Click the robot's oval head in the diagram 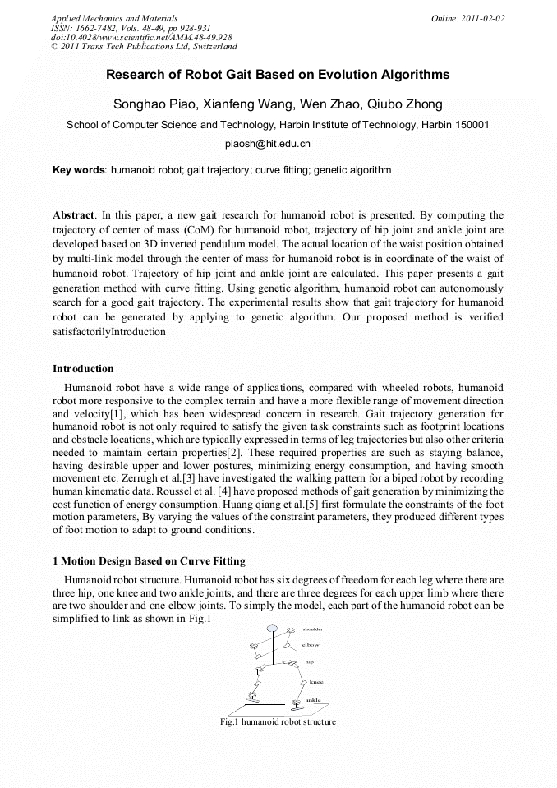pos(271,629)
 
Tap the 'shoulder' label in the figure pos(314,629)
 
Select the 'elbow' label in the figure pos(311,645)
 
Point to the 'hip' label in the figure pos(310,661)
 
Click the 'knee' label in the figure pos(315,681)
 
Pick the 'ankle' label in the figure pos(313,700)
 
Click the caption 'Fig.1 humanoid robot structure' pos(278,721)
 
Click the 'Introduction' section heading pos(83,369)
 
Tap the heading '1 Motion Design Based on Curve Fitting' pos(149,561)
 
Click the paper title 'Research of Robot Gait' pos(278,75)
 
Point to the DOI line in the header pos(141,38)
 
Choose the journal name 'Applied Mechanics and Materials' pos(113,18)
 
